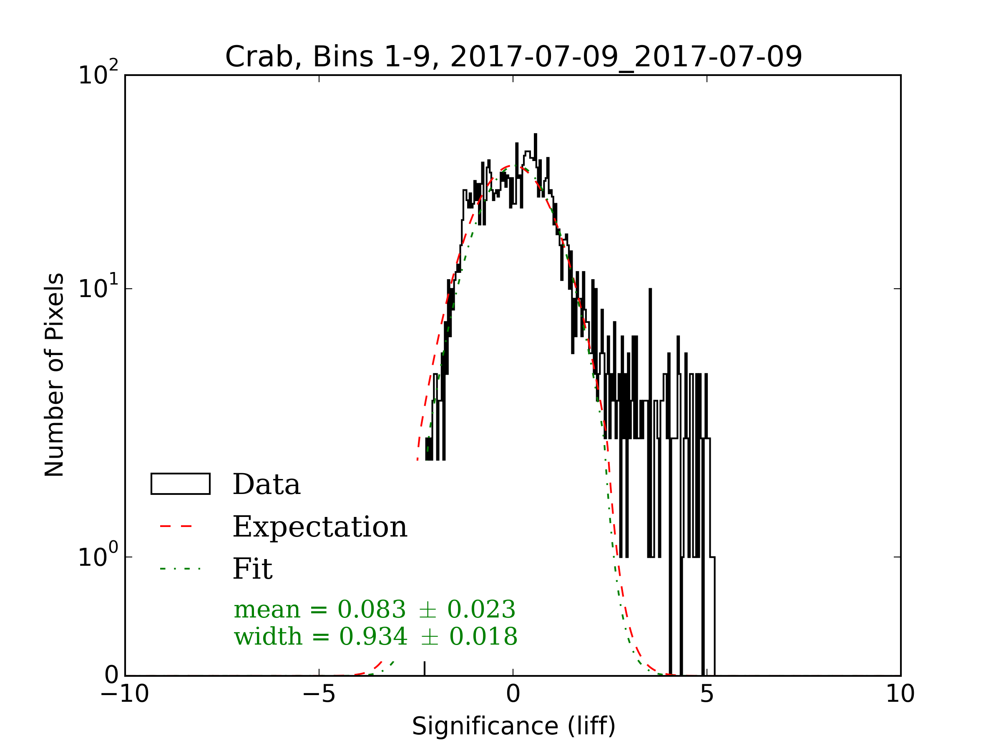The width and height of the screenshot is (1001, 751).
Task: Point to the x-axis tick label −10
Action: click(124, 694)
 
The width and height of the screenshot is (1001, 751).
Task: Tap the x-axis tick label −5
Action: click(319, 694)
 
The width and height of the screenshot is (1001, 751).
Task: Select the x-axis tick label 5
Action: click(707, 694)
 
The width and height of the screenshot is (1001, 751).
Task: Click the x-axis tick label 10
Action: click(900, 694)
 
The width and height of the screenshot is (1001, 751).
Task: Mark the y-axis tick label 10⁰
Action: click(98, 556)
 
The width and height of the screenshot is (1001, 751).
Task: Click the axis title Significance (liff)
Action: click(513, 726)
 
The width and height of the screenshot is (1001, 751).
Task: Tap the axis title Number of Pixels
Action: click(54, 375)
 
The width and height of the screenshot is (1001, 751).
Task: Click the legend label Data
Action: click(267, 484)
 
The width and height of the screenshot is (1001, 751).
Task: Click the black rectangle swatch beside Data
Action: click(180, 484)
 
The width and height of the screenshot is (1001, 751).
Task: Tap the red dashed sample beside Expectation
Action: click(176, 527)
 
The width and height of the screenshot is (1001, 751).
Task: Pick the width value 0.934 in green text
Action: click(373, 637)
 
